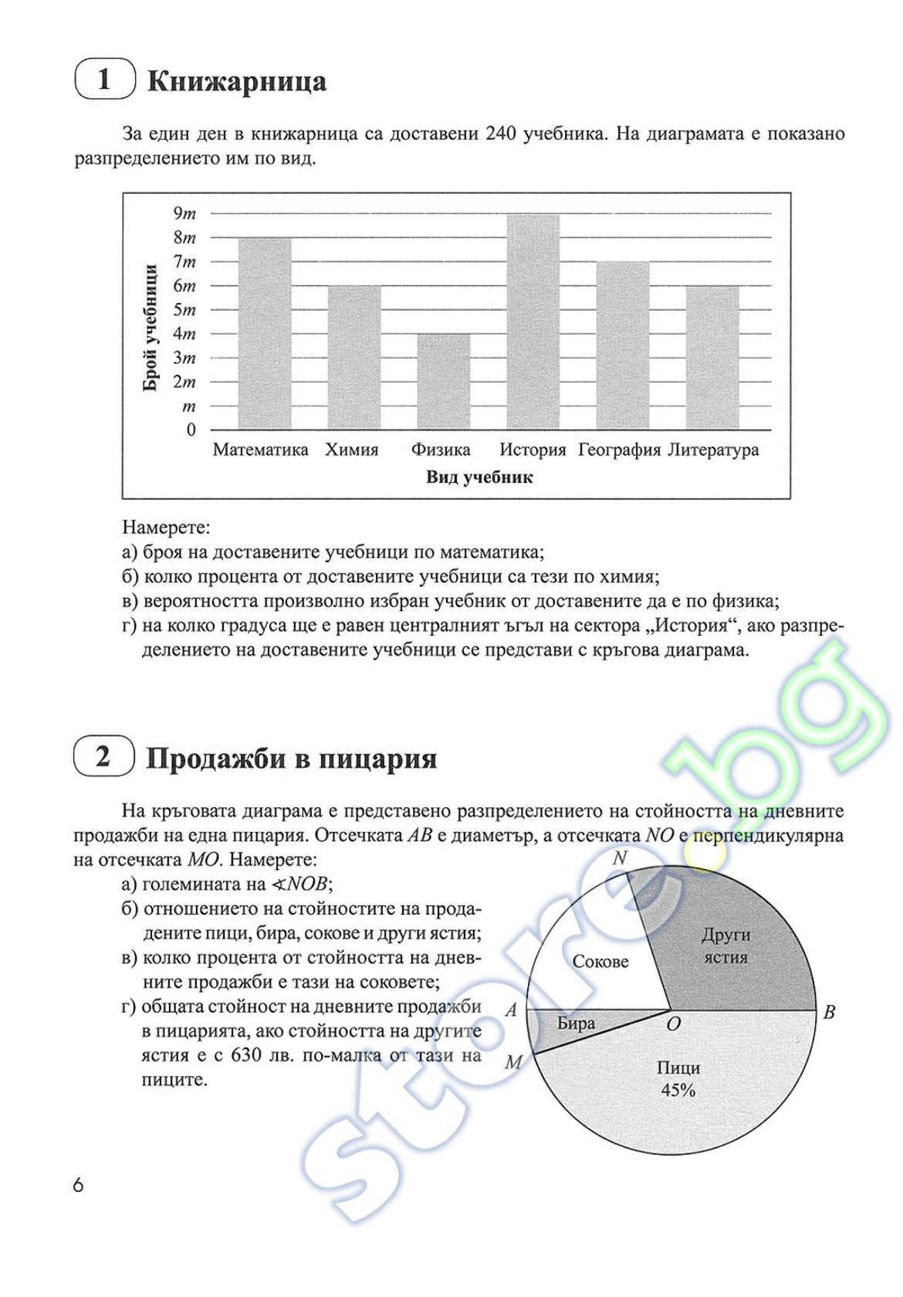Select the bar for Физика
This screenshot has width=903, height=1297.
point(443,382)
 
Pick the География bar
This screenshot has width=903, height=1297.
point(622,345)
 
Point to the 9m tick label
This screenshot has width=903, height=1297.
point(184,213)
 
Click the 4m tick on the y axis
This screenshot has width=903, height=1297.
point(184,334)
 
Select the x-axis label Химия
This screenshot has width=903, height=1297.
point(352,450)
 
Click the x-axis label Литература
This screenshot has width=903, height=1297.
point(713,450)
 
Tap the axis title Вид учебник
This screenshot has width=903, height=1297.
point(479,477)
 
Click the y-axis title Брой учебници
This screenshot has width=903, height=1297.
point(150,328)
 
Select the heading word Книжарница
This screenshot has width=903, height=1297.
point(236,81)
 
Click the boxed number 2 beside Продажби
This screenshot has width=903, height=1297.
point(103,757)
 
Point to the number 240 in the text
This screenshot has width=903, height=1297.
point(502,134)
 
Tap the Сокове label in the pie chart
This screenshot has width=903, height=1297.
point(600,962)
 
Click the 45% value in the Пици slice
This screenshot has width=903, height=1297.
point(678,1090)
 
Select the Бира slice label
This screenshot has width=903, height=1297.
point(576,1024)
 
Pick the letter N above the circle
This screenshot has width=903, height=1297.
point(619,858)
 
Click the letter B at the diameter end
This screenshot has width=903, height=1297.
point(829,1012)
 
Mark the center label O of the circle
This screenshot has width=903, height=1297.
point(673,1024)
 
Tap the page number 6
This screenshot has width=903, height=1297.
point(78,1185)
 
